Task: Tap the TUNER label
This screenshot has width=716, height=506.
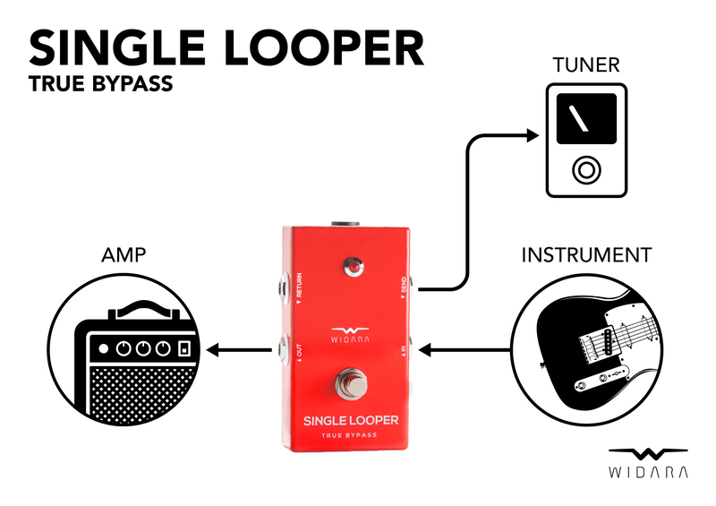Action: [584, 65]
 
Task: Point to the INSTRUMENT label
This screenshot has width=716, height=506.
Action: [586, 255]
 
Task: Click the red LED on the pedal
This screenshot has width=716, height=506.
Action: [354, 268]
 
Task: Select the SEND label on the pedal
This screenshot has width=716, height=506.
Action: [405, 285]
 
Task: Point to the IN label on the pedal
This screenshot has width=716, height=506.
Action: [405, 351]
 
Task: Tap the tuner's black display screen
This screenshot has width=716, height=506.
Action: [586, 118]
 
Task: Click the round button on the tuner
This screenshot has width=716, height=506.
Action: [587, 168]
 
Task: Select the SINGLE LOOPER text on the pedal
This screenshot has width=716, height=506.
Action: [350, 420]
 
